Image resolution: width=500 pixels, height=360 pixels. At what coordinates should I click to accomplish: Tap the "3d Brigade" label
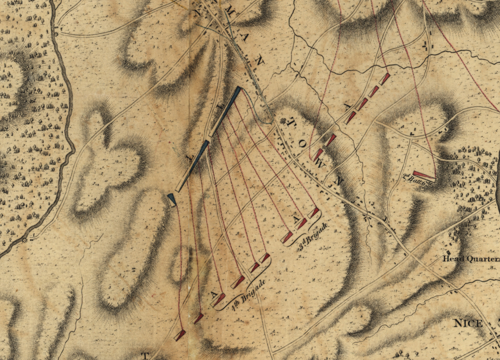point(313,239)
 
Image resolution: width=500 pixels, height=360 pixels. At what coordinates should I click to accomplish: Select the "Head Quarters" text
point(471,258)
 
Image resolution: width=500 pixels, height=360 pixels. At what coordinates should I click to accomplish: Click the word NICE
point(468,323)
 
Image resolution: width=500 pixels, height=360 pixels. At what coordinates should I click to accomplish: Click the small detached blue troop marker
point(172,199)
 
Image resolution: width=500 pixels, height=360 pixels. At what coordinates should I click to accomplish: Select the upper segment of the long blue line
point(225,111)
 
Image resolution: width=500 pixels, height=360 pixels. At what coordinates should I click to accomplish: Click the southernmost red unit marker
point(180,335)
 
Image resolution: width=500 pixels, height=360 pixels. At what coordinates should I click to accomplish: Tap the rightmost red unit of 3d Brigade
point(314,213)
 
